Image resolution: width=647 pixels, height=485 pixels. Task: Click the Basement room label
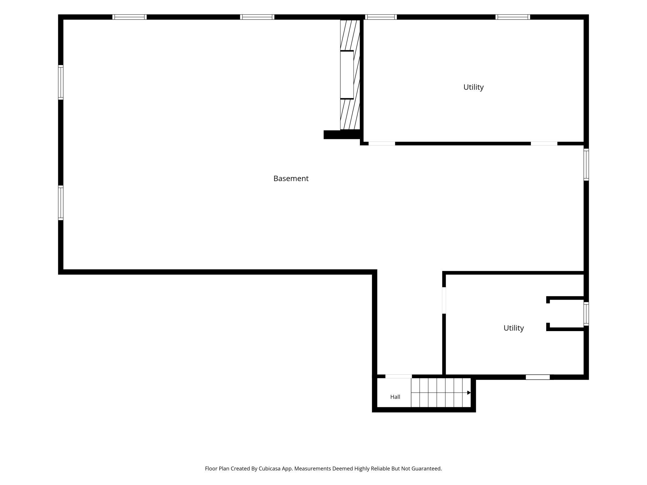coord(291,178)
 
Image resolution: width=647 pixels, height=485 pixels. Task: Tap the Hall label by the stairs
coord(395,397)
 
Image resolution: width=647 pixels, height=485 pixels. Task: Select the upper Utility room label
coord(473,87)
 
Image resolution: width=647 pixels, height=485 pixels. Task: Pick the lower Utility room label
coord(514,328)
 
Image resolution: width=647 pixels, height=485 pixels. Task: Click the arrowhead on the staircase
coord(469,393)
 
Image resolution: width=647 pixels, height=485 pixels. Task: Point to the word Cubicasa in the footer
coord(269,469)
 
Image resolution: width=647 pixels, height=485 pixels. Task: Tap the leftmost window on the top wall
coord(129,17)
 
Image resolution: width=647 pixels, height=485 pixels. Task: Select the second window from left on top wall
coord(257,17)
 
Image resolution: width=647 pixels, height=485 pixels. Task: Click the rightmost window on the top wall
coord(513,17)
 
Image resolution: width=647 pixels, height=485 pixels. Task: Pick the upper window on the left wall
coord(61,82)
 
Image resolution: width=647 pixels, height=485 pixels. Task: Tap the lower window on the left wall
coord(61,203)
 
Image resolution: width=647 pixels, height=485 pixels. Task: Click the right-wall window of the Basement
coord(586,164)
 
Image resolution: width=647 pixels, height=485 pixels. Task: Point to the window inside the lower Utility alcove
coord(586,314)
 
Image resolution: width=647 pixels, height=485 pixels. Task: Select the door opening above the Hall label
coord(398,376)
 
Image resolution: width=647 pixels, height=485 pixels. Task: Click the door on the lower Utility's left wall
coord(444,300)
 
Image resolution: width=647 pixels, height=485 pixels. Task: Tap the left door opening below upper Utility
coord(382,143)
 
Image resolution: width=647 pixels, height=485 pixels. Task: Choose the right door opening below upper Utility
coord(544,143)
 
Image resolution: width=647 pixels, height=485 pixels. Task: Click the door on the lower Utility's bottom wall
coord(538,377)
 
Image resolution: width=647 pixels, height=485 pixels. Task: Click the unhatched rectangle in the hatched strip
coord(347,75)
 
